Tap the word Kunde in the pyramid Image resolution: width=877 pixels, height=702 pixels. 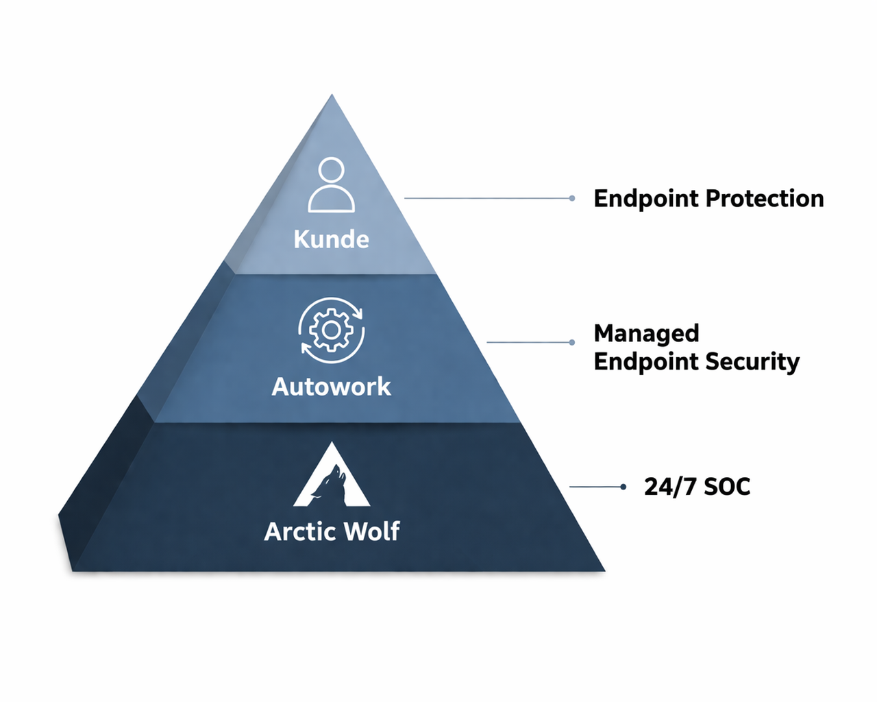[331, 239]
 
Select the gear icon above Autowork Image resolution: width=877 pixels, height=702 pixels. [331, 330]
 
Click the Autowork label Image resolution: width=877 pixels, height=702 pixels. [331, 387]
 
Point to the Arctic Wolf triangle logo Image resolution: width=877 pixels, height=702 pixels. [332, 476]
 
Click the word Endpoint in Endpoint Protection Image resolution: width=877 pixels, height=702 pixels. [646, 199]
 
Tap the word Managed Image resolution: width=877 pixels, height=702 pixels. [646, 333]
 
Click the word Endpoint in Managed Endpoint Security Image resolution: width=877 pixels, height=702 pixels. [646, 362]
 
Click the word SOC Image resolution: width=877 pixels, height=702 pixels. [727, 487]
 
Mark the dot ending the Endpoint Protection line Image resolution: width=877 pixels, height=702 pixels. [572, 198]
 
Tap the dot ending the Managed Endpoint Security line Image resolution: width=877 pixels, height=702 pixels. [572, 342]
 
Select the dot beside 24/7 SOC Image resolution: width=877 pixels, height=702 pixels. [623, 487]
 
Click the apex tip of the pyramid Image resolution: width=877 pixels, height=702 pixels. [332, 96]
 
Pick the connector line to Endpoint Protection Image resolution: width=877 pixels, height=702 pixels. [486, 198]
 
